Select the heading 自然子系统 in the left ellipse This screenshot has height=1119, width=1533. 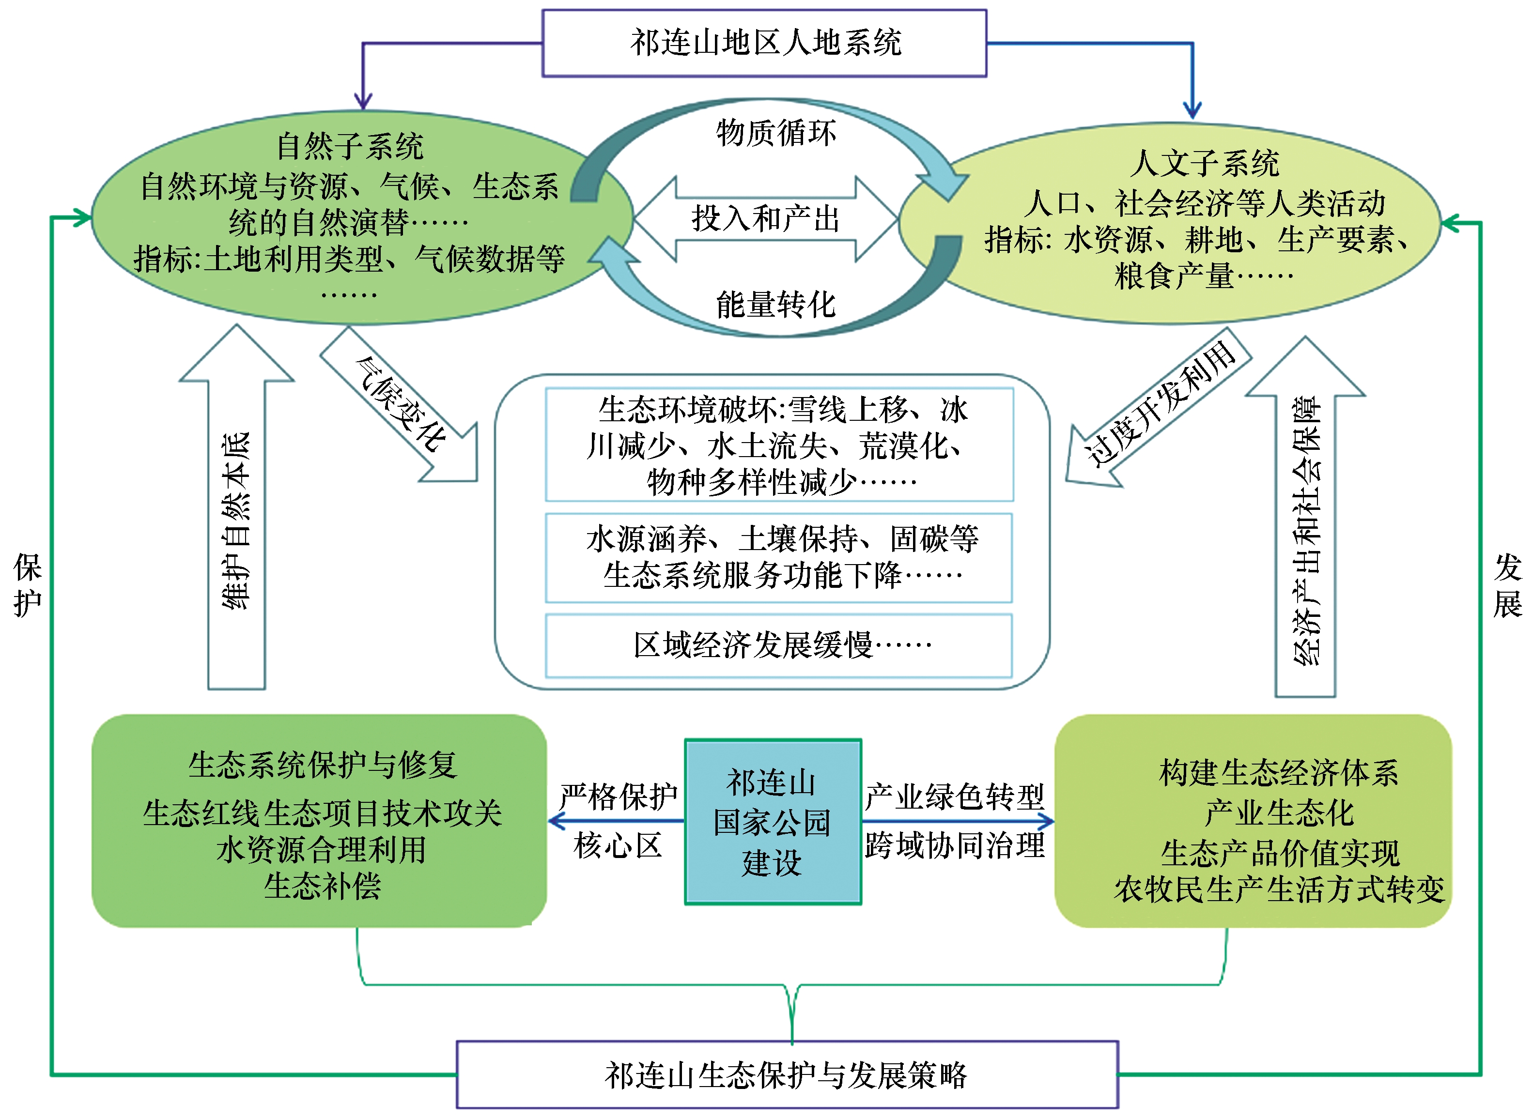click(x=350, y=146)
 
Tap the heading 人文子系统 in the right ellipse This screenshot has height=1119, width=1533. click(x=1205, y=163)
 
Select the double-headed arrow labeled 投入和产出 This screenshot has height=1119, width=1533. click(x=765, y=219)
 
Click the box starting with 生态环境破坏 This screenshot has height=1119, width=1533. click(x=779, y=445)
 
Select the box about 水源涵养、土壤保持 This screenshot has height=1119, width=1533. click(x=779, y=557)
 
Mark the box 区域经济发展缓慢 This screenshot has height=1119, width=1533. click(x=779, y=645)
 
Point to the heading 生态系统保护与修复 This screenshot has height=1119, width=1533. click(x=323, y=766)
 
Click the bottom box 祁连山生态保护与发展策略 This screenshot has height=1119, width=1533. click(x=787, y=1075)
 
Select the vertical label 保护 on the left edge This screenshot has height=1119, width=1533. click(x=28, y=584)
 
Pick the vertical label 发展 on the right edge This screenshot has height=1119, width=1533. click(x=1507, y=584)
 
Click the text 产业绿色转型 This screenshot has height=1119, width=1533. click(x=955, y=797)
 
